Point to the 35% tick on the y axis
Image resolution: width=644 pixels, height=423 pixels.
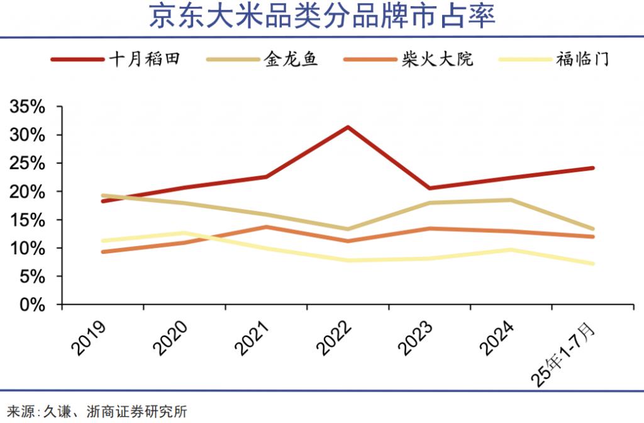click(x=28, y=107)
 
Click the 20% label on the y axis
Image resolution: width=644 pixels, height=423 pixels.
click(x=28, y=191)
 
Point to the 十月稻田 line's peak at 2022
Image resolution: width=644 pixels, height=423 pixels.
click(x=348, y=127)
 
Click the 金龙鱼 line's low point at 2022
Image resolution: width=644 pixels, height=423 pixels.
click(x=348, y=229)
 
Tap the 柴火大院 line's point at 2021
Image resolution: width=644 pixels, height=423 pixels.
click(x=266, y=227)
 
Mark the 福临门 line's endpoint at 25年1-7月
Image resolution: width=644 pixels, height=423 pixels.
click(x=592, y=264)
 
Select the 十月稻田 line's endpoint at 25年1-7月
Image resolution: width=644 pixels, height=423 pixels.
click(x=592, y=168)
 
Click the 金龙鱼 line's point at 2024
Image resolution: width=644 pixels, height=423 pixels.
click(x=511, y=200)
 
